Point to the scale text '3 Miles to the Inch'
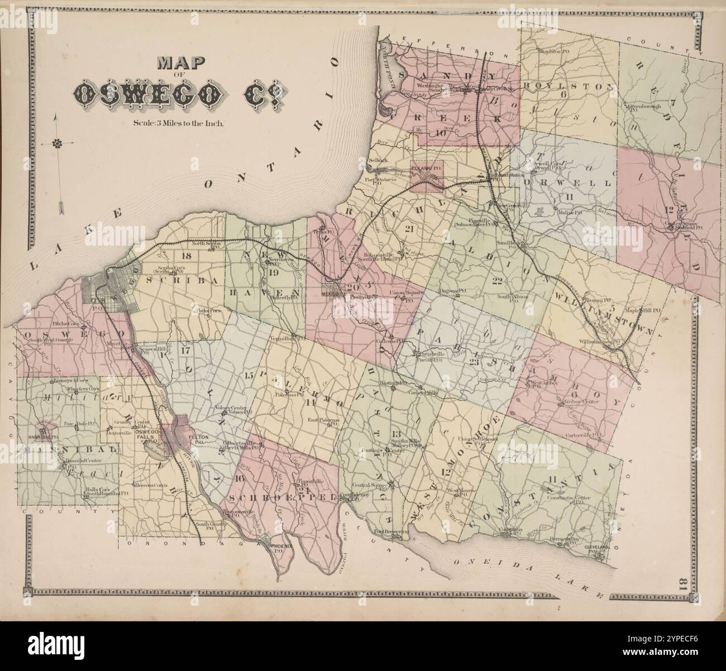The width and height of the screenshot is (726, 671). tap(179, 124)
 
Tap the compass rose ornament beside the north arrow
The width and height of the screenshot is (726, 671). tap(56, 145)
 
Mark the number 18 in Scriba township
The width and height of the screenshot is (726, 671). tap(187, 256)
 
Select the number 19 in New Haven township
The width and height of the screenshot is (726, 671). tap(273, 273)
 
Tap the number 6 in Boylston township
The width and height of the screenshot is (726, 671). tap(563, 94)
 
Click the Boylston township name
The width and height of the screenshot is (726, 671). tap(570, 87)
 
